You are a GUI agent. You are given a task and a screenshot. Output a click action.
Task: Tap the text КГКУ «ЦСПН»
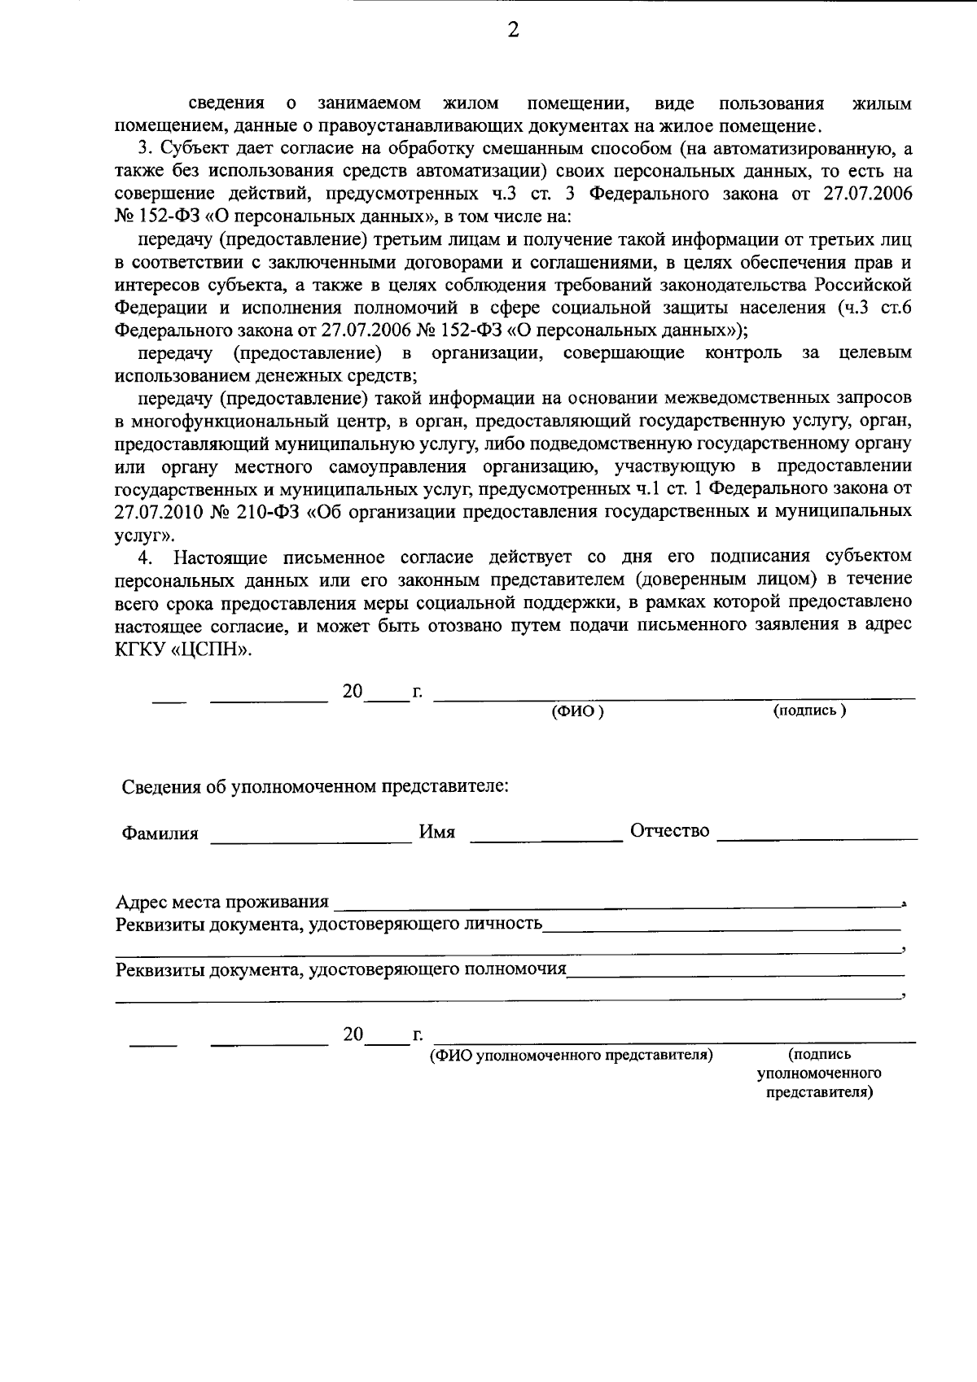tap(184, 651)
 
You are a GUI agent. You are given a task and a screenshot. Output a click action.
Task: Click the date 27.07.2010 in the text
tap(155, 512)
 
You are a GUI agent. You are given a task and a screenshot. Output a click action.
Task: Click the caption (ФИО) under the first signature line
tap(577, 711)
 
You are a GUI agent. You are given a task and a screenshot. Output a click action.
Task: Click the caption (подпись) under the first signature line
tap(809, 711)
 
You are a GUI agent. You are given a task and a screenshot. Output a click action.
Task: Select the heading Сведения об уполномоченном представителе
tap(315, 787)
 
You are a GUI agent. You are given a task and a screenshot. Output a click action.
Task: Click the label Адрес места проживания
tap(222, 902)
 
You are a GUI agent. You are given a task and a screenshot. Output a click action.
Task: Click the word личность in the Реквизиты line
tap(502, 924)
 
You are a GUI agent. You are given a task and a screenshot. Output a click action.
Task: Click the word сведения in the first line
tap(227, 103)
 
